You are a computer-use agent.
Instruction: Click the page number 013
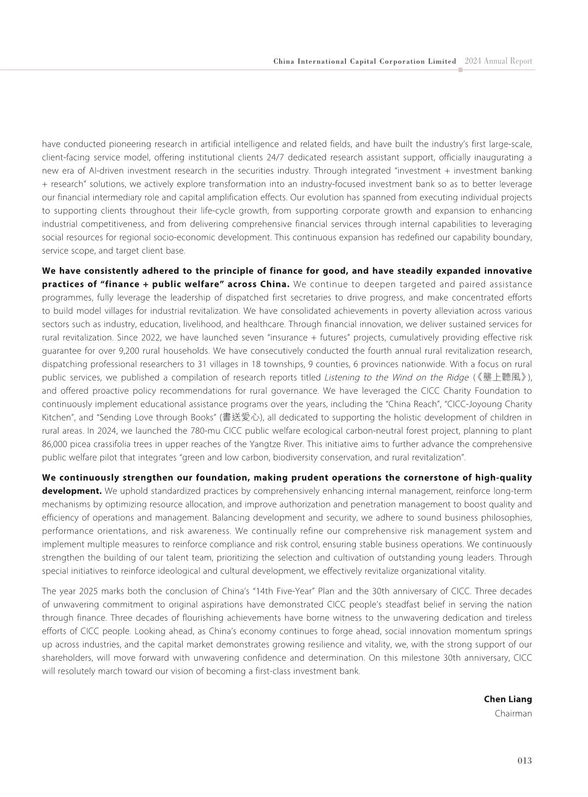click(x=524, y=760)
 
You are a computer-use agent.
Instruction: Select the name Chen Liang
click(x=507, y=699)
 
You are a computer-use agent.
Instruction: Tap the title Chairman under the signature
click(x=513, y=714)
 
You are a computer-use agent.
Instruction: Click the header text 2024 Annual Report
click(x=498, y=61)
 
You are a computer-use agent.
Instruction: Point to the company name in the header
click(x=364, y=62)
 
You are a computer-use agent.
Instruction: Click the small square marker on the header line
click(x=461, y=70)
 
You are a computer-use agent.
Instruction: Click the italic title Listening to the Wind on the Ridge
click(x=396, y=378)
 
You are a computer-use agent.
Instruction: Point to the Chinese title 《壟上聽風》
click(x=500, y=378)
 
